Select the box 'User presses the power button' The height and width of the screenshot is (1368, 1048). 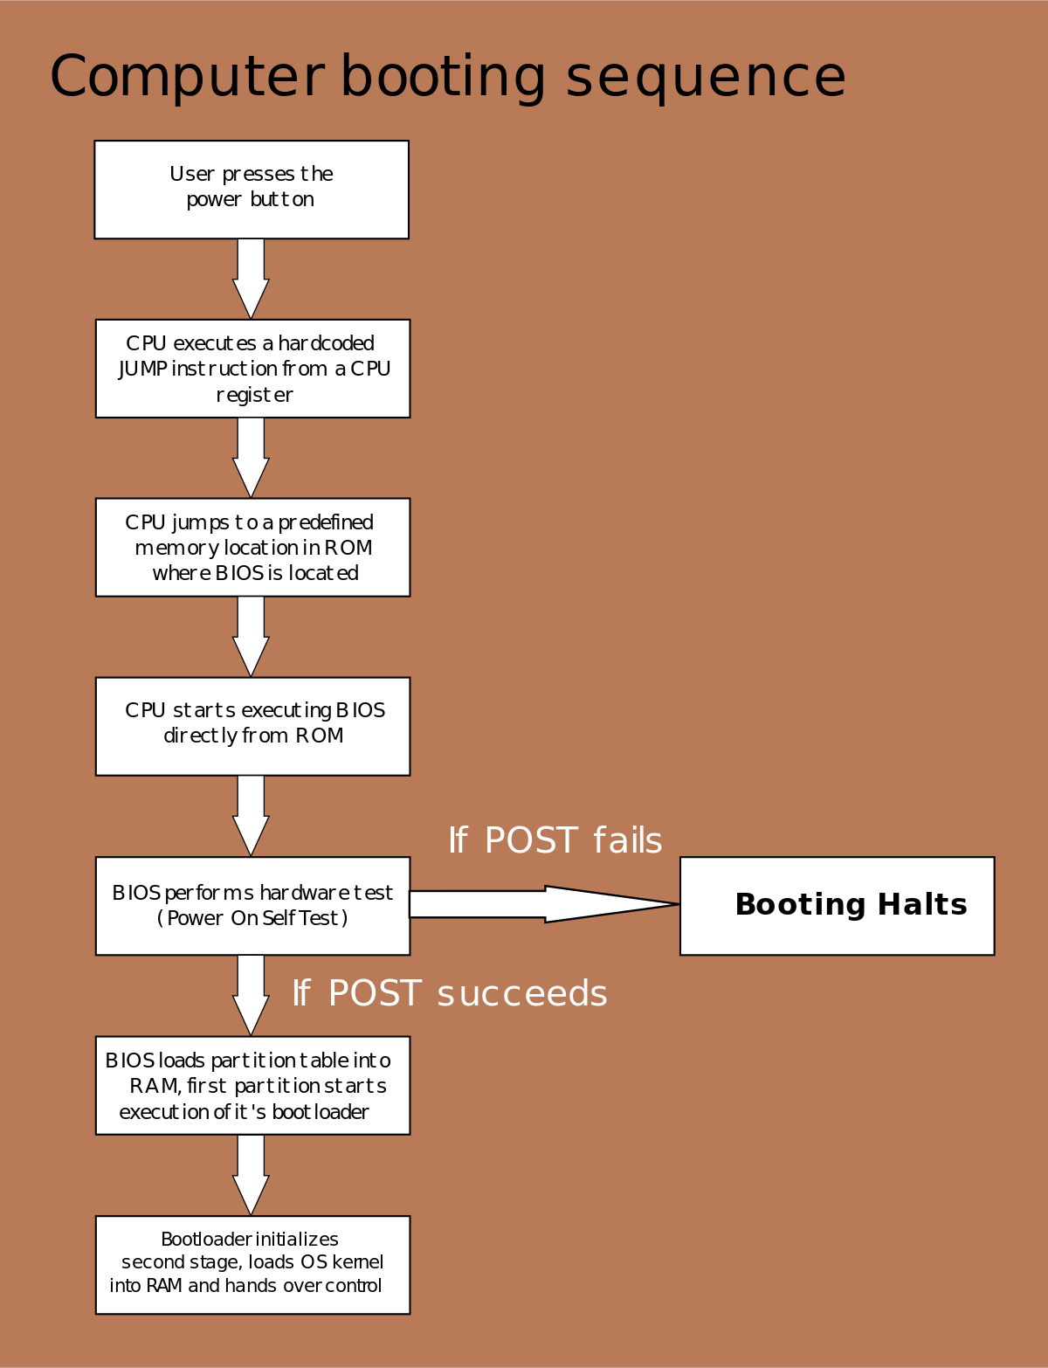coord(252,190)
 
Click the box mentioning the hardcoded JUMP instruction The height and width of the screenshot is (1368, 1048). coord(252,369)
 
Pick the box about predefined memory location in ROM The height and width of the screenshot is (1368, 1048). coord(252,548)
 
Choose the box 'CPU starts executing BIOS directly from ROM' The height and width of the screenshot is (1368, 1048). coord(252,727)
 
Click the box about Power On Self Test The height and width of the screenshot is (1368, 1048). coord(252,906)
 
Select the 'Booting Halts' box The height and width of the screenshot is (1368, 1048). coord(837,906)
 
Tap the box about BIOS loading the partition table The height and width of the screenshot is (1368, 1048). coord(252,1086)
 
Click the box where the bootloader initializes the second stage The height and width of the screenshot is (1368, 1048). coord(252,1265)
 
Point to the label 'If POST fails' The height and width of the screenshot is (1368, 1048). coord(555,840)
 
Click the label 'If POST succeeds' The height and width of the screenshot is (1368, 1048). coord(450,994)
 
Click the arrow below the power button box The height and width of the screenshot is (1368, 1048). coord(251,278)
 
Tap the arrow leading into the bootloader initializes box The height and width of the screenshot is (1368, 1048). coord(251,1174)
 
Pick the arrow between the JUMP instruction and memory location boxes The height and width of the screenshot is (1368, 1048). coord(251,457)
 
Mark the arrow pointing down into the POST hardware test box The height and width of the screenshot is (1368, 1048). coord(251,815)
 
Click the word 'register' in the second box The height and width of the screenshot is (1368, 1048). coord(254,396)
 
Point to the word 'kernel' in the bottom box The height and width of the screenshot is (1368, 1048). coord(357,1262)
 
